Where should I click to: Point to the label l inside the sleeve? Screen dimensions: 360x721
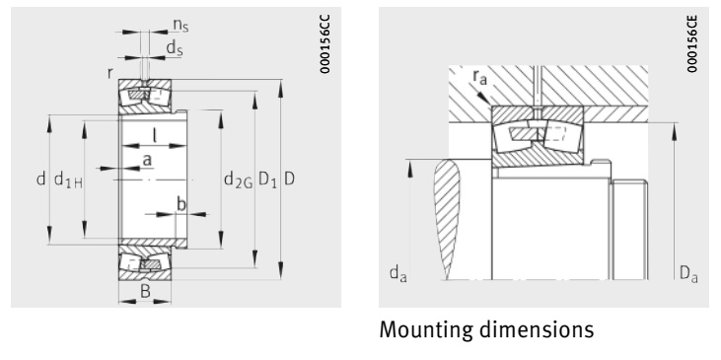coord(154,135)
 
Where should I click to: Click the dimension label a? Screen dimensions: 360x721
coord(146,159)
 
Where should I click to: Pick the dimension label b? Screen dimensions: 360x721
coord(180,203)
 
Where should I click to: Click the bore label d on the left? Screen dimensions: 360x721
coord(39,180)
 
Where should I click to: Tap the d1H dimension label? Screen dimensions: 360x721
coord(67,180)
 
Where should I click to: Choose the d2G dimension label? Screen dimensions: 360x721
coord(237,180)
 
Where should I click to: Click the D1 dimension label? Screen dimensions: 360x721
coord(266,180)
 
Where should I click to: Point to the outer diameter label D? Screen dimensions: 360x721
coord(289,180)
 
